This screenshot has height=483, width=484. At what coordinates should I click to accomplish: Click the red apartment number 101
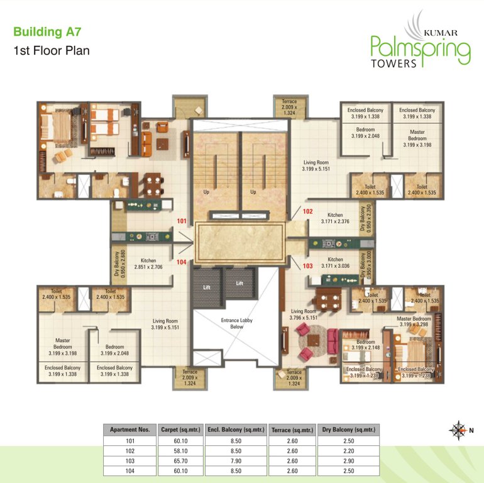[x=182, y=221]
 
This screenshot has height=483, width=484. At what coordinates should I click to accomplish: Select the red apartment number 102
[x=308, y=211]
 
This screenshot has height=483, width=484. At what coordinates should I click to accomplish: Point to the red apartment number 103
[x=308, y=266]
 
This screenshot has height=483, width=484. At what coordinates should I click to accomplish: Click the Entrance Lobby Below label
[x=236, y=323]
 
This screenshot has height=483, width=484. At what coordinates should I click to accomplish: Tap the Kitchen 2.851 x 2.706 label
[x=148, y=263]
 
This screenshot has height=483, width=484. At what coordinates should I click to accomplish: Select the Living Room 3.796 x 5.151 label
[x=304, y=314]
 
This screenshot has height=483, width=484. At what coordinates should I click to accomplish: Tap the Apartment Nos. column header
[x=129, y=430]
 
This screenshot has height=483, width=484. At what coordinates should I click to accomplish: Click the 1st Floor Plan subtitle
[x=52, y=50]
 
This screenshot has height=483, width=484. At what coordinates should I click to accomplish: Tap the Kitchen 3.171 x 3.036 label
[x=334, y=263]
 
